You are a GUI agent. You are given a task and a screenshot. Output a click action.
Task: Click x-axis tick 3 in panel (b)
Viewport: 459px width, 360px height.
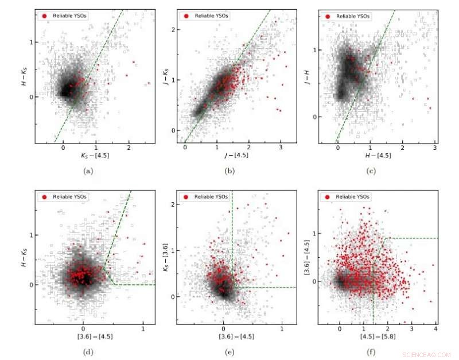point(281,148)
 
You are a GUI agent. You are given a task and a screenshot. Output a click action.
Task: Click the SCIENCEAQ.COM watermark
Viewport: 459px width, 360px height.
point(426,354)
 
